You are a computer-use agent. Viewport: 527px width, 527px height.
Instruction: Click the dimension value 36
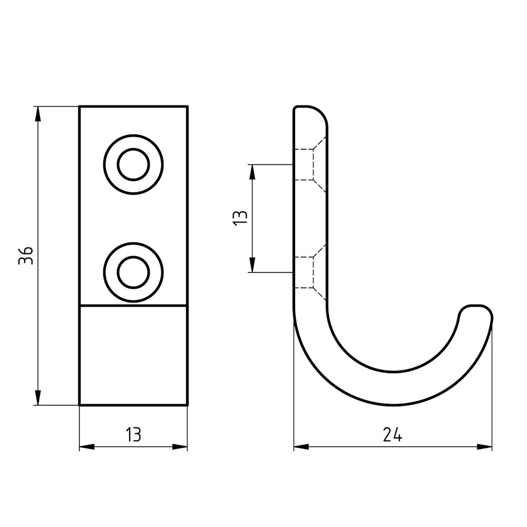tap(26, 256)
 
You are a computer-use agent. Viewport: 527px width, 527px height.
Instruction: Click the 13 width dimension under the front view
tap(133, 435)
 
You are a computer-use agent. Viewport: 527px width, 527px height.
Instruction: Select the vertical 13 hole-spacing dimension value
tap(240, 218)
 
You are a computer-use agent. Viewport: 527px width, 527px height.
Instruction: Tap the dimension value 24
tap(393, 435)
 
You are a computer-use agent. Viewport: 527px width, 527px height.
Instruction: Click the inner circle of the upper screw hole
tap(133, 165)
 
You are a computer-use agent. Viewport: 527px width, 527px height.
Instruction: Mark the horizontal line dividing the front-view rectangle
tap(133, 306)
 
